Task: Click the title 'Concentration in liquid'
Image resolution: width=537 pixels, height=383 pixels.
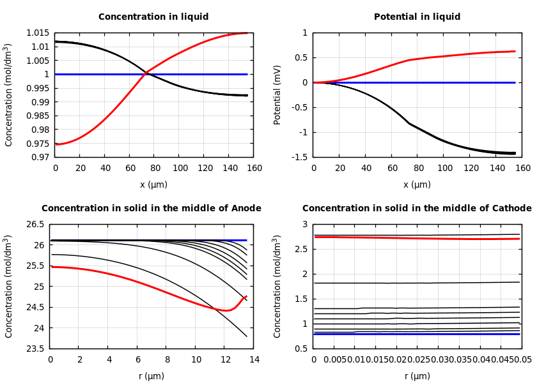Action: (153, 17)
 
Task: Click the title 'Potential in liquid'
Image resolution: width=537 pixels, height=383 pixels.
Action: (417, 17)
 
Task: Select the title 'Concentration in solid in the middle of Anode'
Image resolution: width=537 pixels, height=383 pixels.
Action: (152, 209)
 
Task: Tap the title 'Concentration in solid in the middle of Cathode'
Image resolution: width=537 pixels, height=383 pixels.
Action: (417, 209)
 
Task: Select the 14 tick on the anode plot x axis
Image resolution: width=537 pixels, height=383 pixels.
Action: (254, 360)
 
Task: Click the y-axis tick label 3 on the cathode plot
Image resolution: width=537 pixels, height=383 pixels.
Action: (306, 225)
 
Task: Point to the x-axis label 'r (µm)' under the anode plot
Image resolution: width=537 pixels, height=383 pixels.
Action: (152, 376)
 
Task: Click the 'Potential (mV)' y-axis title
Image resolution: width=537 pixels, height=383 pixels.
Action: (277, 94)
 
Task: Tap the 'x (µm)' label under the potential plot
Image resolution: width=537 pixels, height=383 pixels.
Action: (417, 184)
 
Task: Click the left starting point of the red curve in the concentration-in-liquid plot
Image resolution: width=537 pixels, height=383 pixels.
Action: (56, 144)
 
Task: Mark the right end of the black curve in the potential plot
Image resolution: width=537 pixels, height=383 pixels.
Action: (515, 153)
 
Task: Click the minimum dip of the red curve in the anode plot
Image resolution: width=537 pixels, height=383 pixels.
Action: (226, 310)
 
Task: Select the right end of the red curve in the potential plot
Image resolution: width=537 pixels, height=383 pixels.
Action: (515, 51)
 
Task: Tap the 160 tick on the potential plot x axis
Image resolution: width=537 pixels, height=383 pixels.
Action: (523, 169)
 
